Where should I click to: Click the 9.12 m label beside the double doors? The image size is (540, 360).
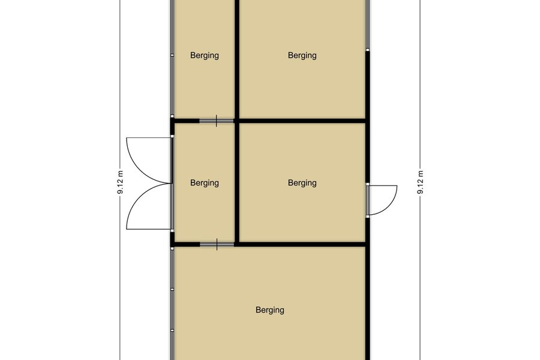[120, 182]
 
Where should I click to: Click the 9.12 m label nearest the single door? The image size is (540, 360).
[420, 182]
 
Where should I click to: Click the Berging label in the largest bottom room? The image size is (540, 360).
[270, 310]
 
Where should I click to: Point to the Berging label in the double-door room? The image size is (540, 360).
[205, 182]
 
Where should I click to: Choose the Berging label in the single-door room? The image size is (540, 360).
[302, 182]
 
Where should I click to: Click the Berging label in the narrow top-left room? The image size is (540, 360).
[205, 55]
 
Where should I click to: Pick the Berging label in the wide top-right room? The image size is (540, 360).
[302, 55]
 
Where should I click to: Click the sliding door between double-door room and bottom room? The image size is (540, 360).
[217, 244]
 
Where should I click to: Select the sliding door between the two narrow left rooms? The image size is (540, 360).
[217, 121]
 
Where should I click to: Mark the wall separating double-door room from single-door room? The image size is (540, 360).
[237, 182]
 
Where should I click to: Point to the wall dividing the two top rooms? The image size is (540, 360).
[237, 59]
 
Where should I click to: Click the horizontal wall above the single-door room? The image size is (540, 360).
[302, 121]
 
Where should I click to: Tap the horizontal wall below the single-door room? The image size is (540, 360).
[302, 244]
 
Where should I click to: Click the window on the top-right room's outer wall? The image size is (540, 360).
[367, 24]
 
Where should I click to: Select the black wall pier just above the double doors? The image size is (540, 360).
[172, 127]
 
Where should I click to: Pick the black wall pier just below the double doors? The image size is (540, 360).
[172, 238]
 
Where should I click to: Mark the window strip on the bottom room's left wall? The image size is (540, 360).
[172, 303]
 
